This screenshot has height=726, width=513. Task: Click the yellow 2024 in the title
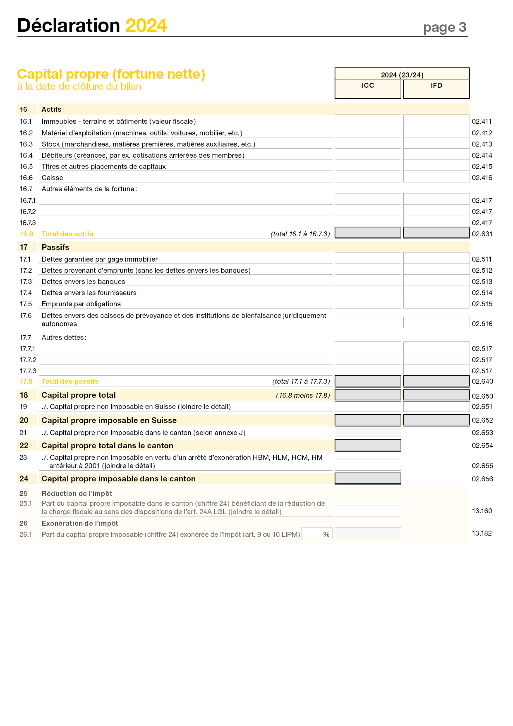[146, 26]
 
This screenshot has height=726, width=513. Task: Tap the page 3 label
[445, 28]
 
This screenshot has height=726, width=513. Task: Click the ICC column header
[368, 86]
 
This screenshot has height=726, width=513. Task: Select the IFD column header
[436, 86]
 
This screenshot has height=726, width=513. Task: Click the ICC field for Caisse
[368, 177]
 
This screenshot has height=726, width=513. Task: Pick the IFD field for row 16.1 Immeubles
[436, 120]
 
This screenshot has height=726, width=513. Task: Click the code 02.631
[482, 234]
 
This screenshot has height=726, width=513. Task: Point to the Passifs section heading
[55, 247]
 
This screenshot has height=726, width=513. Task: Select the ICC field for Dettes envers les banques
[368, 281]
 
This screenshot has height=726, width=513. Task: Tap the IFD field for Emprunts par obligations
[436, 303]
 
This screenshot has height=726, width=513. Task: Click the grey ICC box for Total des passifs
[368, 381]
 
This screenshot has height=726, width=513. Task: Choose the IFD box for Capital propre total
[436, 395]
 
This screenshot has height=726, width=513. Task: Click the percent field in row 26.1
[316, 534]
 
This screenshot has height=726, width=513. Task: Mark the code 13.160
[482, 511]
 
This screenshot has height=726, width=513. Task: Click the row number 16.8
[26, 234]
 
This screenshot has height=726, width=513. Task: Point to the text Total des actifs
[67, 234]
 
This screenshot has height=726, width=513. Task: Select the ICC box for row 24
[368, 478]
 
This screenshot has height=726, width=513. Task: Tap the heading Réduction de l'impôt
[77, 493]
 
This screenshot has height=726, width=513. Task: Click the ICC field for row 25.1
[368, 511]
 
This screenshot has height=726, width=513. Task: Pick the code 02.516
[482, 324]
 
